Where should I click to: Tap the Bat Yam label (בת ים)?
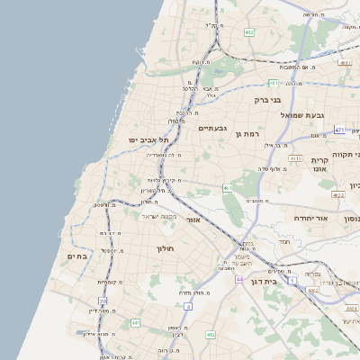[x=78, y=256]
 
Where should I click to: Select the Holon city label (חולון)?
[x=165, y=247]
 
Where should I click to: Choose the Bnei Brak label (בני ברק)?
[x=267, y=100]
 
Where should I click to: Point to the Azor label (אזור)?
[x=193, y=219]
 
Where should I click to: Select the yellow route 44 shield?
[x=239, y=280]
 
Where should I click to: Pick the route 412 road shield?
[x=211, y=334]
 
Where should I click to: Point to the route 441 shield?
[x=135, y=322]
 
